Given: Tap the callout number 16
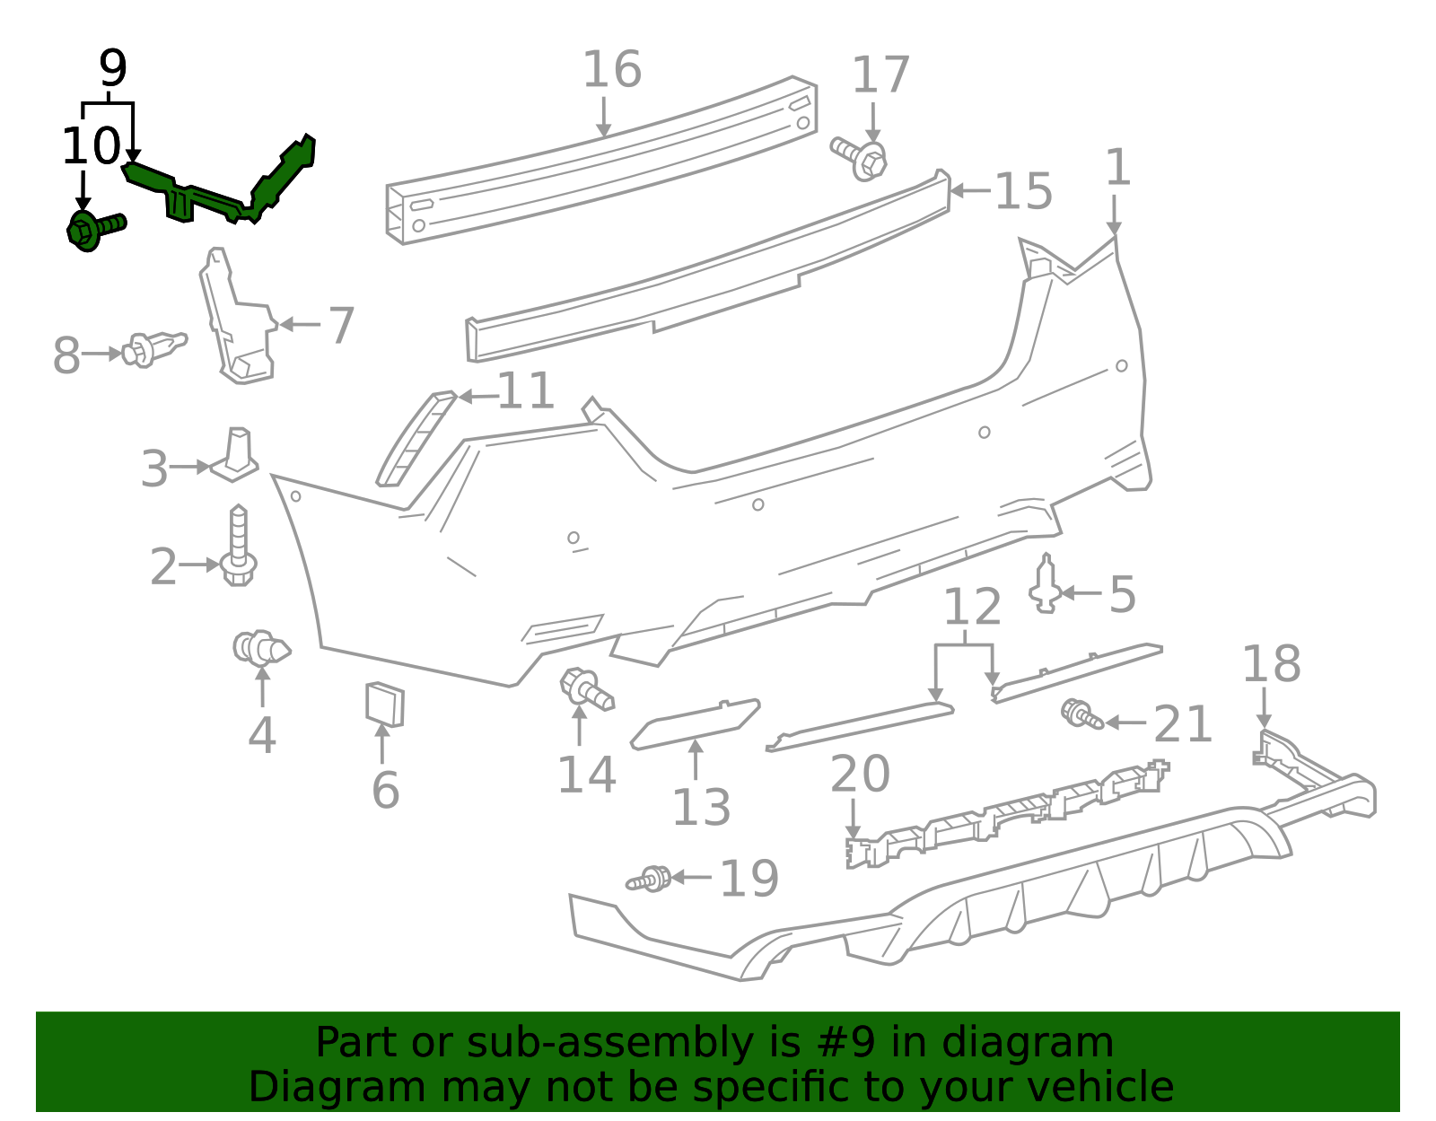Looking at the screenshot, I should (x=612, y=70).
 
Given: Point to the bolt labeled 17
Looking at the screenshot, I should (x=860, y=157).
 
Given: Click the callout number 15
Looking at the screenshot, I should (x=1023, y=192).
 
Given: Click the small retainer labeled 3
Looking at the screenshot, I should (x=235, y=454).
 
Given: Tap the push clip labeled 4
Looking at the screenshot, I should (x=260, y=647).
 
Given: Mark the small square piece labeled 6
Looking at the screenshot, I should (x=384, y=704).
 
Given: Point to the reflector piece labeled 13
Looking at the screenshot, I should (x=696, y=722).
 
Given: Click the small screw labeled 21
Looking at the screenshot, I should (x=1081, y=715).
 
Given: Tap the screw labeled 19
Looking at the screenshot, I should (x=650, y=879).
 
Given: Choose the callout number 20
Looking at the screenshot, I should (x=860, y=774).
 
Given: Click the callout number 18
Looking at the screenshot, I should (x=1271, y=664).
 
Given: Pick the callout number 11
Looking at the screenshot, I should (x=526, y=391).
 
